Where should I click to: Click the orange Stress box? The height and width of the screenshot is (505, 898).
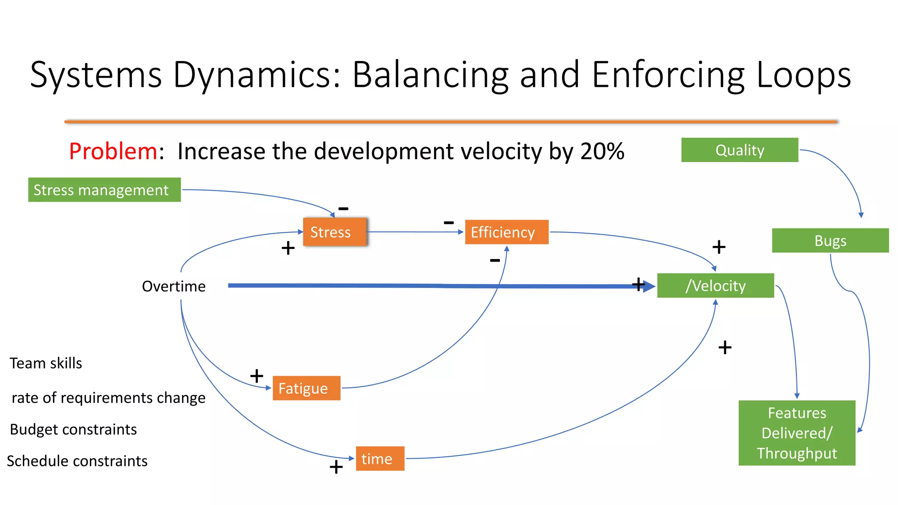click(335, 232)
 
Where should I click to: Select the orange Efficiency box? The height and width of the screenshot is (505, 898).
click(506, 232)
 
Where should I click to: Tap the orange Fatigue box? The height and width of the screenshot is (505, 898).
click(306, 388)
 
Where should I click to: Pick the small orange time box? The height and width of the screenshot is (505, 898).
click(380, 459)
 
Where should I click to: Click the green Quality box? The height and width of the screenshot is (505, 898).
click(739, 150)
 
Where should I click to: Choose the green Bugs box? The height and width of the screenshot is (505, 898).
click(830, 241)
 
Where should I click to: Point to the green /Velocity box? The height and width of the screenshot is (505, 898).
click(715, 286)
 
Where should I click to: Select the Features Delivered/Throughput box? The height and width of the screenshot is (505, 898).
click(796, 433)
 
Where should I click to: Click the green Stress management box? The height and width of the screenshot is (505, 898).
click(104, 190)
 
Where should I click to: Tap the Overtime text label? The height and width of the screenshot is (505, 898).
click(174, 286)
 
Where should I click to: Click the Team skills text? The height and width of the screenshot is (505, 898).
click(46, 363)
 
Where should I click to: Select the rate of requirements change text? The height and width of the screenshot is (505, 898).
click(108, 398)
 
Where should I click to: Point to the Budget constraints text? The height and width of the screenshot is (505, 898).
click(73, 429)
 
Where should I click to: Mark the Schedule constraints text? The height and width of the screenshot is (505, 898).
click(77, 461)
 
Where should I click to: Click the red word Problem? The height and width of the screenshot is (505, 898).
click(113, 151)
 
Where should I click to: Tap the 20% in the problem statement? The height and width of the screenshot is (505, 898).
click(602, 151)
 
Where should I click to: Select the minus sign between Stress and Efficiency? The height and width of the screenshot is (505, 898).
click(449, 223)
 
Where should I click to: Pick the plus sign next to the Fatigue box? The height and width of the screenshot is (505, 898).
click(257, 376)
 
